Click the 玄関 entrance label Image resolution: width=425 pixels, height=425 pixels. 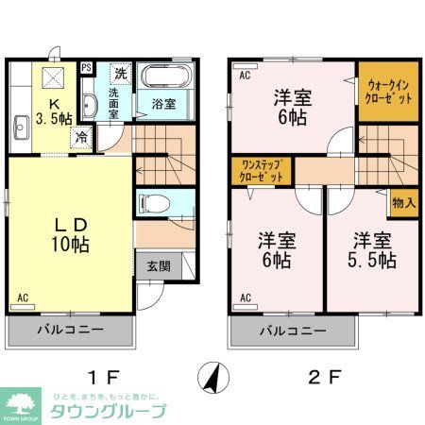click(x=158, y=266)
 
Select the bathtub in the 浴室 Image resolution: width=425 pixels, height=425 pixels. click(x=164, y=77)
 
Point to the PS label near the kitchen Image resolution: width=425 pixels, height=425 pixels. click(x=86, y=68)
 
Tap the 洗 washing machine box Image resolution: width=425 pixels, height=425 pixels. click(x=119, y=73)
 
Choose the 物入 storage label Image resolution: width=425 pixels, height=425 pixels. click(x=402, y=204)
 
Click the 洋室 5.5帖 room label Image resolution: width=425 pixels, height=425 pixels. click(x=375, y=249)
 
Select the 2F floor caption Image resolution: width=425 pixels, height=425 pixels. click(x=323, y=376)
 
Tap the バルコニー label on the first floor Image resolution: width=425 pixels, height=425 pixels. click(x=71, y=331)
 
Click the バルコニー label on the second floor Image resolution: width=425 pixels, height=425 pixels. click(x=293, y=331)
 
